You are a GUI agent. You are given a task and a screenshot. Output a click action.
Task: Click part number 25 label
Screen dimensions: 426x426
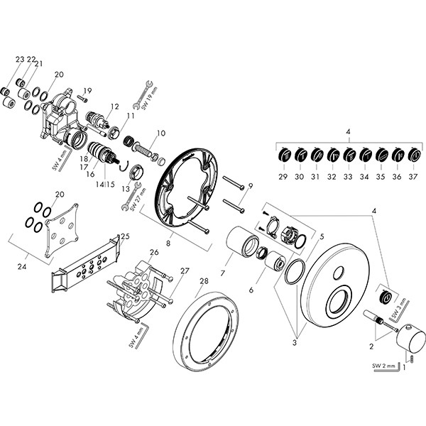[x=126, y=236]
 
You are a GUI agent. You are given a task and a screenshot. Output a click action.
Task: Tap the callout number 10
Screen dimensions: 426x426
[x=160, y=133]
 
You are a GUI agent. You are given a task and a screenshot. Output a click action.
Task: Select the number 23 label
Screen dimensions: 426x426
[x=19, y=59]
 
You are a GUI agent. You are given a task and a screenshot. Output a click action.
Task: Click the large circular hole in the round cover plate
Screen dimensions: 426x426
[x=346, y=297]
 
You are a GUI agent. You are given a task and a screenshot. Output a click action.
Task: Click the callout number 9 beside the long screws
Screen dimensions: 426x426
[x=250, y=186]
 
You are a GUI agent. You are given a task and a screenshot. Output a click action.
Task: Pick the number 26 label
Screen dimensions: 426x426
[x=154, y=252]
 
